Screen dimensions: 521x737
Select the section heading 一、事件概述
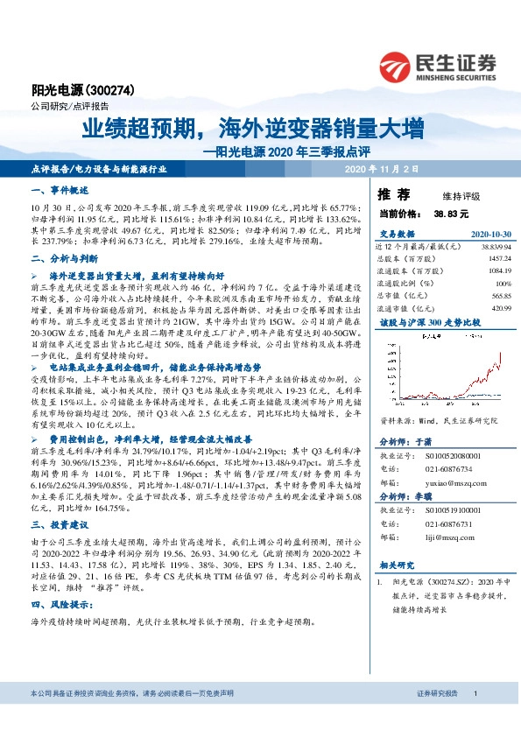[55, 190]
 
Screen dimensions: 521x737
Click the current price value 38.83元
[452, 213]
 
